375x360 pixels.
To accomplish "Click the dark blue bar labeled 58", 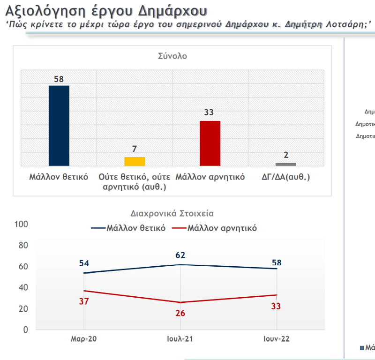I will (x=59, y=126).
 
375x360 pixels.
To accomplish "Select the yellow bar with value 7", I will (x=135, y=161).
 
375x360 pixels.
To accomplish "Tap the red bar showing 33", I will (x=210, y=143).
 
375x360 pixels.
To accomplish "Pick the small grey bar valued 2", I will (x=285, y=164).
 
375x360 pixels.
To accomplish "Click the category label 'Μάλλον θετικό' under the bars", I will (x=59, y=178).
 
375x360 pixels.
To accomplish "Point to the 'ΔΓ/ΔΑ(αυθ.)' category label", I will (x=286, y=178).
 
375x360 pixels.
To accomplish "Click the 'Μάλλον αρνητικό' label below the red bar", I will (x=210, y=178).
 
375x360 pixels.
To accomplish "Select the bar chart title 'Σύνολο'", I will (x=172, y=56).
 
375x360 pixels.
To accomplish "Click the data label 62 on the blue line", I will (x=180, y=255).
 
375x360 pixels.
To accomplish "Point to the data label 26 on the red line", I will (x=180, y=313).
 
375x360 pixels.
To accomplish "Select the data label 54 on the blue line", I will (x=84, y=263).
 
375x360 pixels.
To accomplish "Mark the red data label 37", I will (x=84, y=301).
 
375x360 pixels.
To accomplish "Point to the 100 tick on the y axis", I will (x=22, y=225).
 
